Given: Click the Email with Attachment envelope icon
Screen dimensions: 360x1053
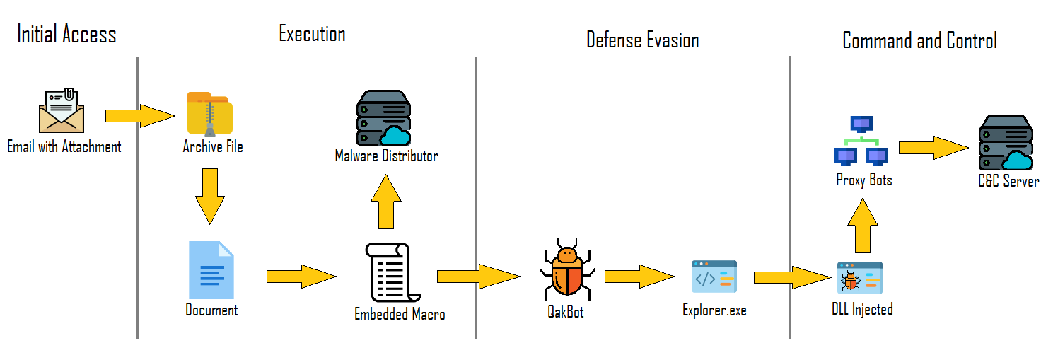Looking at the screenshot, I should point(62,112).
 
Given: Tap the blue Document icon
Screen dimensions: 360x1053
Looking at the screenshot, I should point(211,271).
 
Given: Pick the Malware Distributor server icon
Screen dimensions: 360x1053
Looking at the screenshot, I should point(383,118).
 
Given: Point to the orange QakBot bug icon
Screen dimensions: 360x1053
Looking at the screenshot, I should point(566,272).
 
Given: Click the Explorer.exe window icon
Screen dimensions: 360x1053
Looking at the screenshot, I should point(714,277).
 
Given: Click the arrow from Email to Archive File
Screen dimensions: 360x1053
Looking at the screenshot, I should point(139,115).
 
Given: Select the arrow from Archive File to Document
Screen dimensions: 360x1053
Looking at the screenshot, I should point(210,196).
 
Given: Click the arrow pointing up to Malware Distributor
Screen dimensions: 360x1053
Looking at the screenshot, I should point(385,201).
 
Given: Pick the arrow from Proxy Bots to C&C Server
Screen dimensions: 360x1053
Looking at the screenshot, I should point(933,148).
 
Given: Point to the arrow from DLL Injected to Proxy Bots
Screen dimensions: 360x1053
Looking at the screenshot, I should point(862,226).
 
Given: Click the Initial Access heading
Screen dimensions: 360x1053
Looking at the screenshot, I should point(66,35).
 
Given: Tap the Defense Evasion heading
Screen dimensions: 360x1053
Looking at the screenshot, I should point(642,40).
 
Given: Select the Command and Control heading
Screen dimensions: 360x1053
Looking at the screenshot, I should point(919,40).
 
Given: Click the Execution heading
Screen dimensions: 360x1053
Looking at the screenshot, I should point(312,33).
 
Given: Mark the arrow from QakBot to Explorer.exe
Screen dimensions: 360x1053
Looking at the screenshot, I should point(639,276).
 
